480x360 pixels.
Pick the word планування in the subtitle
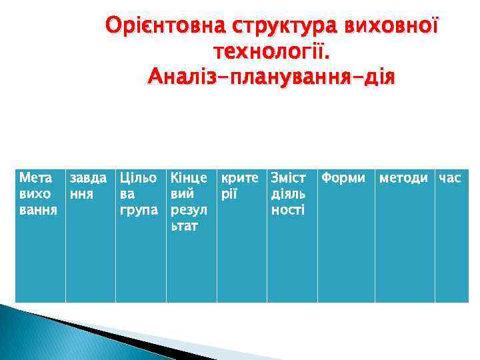pyautogui.click(x=290, y=75)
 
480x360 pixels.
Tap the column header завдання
pyautogui.click(x=89, y=186)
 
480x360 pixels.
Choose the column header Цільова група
pyautogui.click(x=139, y=193)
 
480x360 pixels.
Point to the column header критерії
pyautogui.click(x=239, y=186)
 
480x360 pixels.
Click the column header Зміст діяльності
pyautogui.click(x=287, y=193)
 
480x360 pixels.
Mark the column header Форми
pyautogui.click(x=343, y=178)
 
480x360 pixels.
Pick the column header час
pyautogui.click(x=450, y=178)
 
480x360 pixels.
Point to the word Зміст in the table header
pyautogui.click(x=287, y=178)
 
